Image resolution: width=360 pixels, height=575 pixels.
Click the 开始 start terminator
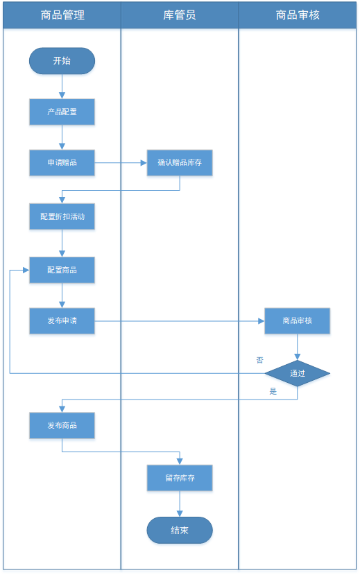pos(62,61)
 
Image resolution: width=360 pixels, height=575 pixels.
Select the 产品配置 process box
pos(62,112)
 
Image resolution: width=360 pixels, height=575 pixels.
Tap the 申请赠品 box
pos(62,162)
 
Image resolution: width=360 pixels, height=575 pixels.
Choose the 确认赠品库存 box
pos(180,162)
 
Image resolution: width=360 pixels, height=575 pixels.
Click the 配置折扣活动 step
pos(62,216)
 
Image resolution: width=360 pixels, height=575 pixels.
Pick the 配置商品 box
pos(62,270)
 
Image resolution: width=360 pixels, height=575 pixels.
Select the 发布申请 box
pos(62,321)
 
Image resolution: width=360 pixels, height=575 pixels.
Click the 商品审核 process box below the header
pos(298,321)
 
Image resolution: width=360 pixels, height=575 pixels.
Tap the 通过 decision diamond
pos(298,373)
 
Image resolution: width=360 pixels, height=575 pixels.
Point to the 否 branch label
pos(260,360)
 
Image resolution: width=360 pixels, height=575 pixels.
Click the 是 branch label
pos(273,391)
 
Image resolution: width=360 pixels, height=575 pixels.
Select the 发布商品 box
pos(62,425)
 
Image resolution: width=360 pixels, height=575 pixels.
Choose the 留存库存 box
pos(180,478)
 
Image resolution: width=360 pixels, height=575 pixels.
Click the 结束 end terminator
pos(180,530)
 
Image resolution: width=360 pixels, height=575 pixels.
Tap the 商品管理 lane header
pos(62,15)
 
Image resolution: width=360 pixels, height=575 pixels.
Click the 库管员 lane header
pos(180,15)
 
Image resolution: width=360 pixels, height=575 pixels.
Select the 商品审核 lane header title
pos(298,15)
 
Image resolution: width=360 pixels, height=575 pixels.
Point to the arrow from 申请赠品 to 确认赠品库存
pos(121,163)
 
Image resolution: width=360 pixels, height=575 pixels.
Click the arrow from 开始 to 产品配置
pos(62,87)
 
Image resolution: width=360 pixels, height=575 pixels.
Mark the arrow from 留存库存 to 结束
pos(180,504)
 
